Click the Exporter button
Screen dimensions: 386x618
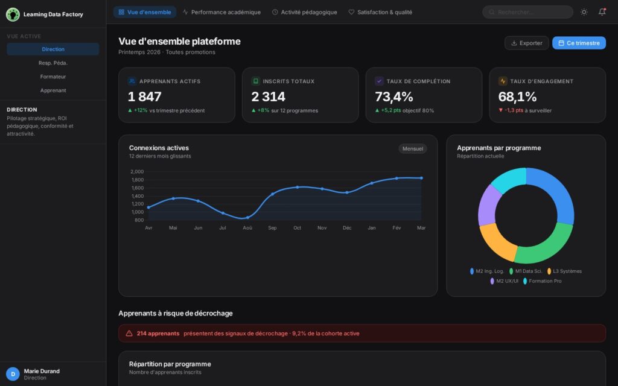pyautogui.click(x=526, y=43)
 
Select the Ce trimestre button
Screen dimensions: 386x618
pyautogui.click(x=579, y=43)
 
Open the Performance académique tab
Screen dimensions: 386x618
pyautogui.click(x=221, y=12)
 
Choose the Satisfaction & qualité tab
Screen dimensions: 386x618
pyautogui.click(x=380, y=12)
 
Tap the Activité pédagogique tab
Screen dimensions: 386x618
pyautogui.click(x=304, y=12)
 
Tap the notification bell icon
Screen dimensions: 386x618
pyautogui.click(x=602, y=12)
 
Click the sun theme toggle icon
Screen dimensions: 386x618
pyautogui.click(x=584, y=12)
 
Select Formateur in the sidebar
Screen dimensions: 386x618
pyautogui.click(x=53, y=77)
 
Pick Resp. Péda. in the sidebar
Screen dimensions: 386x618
pyautogui.click(x=53, y=63)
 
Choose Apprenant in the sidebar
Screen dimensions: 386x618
pyautogui.click(x=53, y=90)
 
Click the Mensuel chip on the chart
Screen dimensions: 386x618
pyautogui.click(x=412, y=148)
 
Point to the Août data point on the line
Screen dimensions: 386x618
pyautogui.click(x=247, y=217)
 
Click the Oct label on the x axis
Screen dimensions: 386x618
pyautogui.click(x=297, y=228)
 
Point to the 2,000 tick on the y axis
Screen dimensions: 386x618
pyautogui.click(x=137, y=172)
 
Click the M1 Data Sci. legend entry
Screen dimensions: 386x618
pyautogui.click(x=526, y=271)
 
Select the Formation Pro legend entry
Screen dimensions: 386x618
pyautogui.click(x=542, y=281)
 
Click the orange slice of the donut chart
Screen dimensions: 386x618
pyautogui.click(x=496, y=241)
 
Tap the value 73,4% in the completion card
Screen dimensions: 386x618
pyautogui.click(x=394, y=96)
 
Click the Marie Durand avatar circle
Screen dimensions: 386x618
pyautogui.click(x=13, y=374)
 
